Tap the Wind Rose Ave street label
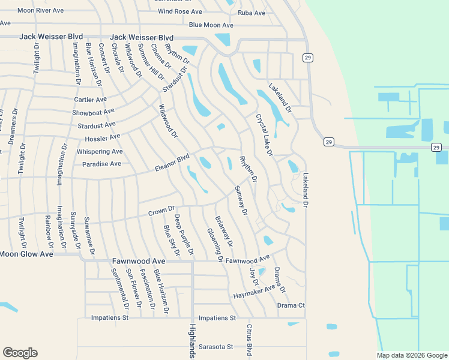pos(180,11)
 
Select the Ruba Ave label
pos(252,13)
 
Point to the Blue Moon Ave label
pos(211,25)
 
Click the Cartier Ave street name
pos(90,100)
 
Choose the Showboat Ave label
pos(93,112)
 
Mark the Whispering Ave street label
pos(100,152)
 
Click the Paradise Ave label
pos(101,164)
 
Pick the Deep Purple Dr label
pos(184,234)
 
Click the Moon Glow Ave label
pos(26,254)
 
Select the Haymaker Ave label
pos(253,293)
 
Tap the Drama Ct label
pos(291,305)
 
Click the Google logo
pos(20,353)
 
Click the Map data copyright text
pos(411,355)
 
